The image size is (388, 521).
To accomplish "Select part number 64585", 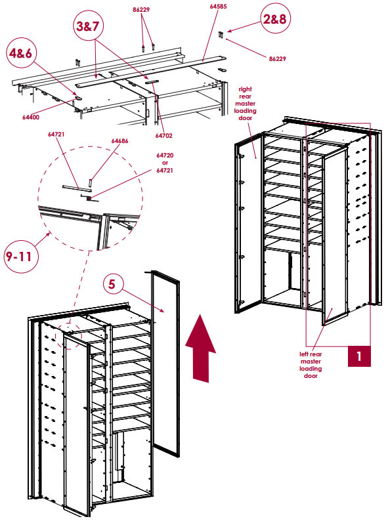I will click(x=219, y=6).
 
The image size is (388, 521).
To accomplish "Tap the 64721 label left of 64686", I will click(x=55, y=134).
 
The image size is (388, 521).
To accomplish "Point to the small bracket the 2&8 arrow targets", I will click(x=221, y=33).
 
